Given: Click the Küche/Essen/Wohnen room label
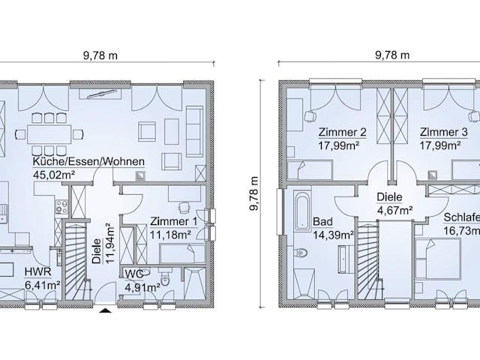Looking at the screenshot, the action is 88,162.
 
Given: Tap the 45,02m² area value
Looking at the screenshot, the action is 54,175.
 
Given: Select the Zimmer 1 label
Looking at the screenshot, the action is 173,222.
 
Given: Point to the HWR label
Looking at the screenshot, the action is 38,271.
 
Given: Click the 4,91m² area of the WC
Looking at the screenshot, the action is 143,287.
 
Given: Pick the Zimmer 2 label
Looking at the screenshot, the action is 342,132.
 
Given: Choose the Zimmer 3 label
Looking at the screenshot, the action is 443,132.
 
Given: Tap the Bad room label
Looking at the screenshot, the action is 322,221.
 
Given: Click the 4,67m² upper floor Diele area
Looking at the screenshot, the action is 394,210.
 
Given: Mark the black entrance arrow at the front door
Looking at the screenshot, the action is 106,310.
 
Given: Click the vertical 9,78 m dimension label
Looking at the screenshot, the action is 253,193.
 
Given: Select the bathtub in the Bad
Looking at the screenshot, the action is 302,211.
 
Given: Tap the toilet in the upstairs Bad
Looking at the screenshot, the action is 301,253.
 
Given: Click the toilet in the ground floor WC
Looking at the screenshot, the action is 165,278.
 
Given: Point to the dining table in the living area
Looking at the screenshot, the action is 49,134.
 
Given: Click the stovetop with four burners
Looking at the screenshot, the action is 61,207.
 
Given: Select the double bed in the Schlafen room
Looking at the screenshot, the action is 438,259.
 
